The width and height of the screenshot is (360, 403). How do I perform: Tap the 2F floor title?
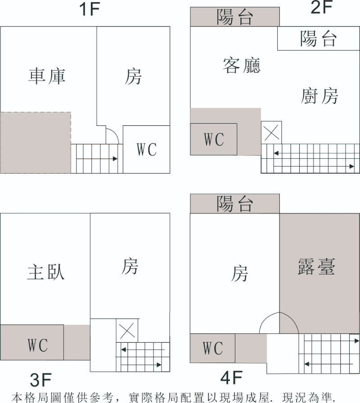click(321, 8)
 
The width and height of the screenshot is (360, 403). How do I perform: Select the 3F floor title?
click(40, 381)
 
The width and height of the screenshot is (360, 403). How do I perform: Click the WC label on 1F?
click(147, 149)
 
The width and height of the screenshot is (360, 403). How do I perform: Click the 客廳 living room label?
click(242, 66)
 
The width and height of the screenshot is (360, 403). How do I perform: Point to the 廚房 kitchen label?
click(319, 95)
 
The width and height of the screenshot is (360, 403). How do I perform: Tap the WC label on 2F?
click(214, 139)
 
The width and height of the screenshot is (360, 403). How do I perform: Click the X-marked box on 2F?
click(271, 132)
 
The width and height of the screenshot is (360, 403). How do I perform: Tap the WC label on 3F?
click(37, 345)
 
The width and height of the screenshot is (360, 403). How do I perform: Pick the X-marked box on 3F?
click(127, 331)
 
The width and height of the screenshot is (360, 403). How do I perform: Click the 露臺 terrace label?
click(316, 266)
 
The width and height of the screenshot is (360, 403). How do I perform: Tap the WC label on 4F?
click(213, 348)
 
